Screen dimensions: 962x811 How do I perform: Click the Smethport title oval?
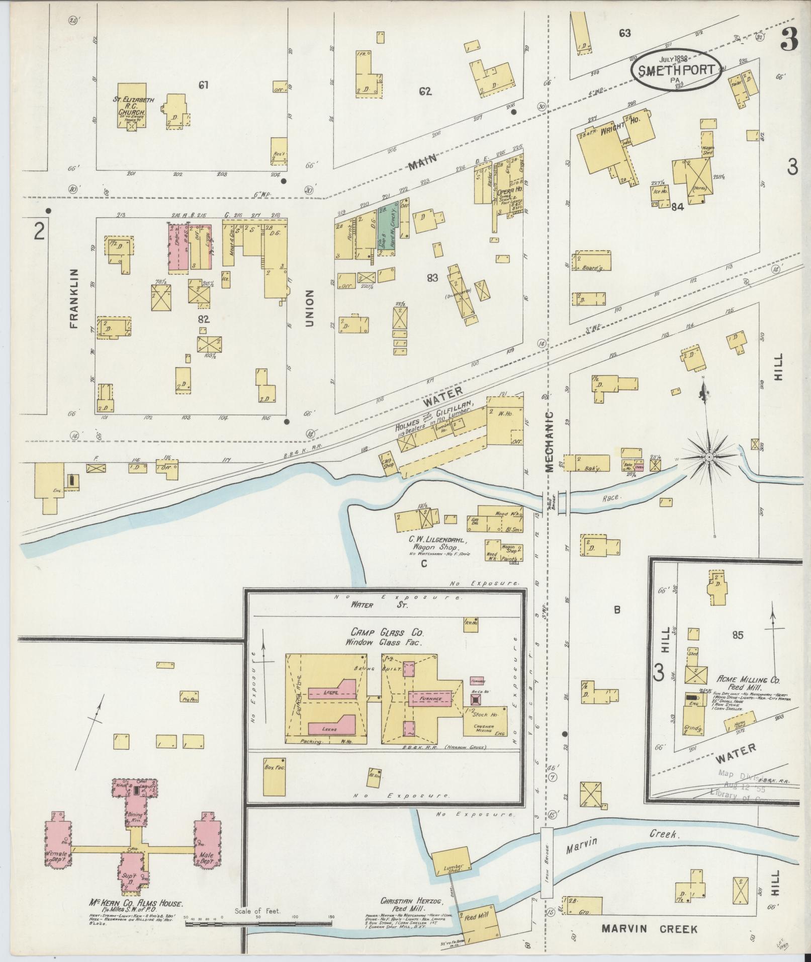tap(677, 70)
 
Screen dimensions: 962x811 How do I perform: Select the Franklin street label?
tap(75, 298)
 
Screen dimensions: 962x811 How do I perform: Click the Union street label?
tap(309, 308)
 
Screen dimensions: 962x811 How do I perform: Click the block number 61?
tap(203, 85)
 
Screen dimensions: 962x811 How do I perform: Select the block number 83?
tap(432, 278)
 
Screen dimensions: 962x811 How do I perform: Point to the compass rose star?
tap(708, 457)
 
